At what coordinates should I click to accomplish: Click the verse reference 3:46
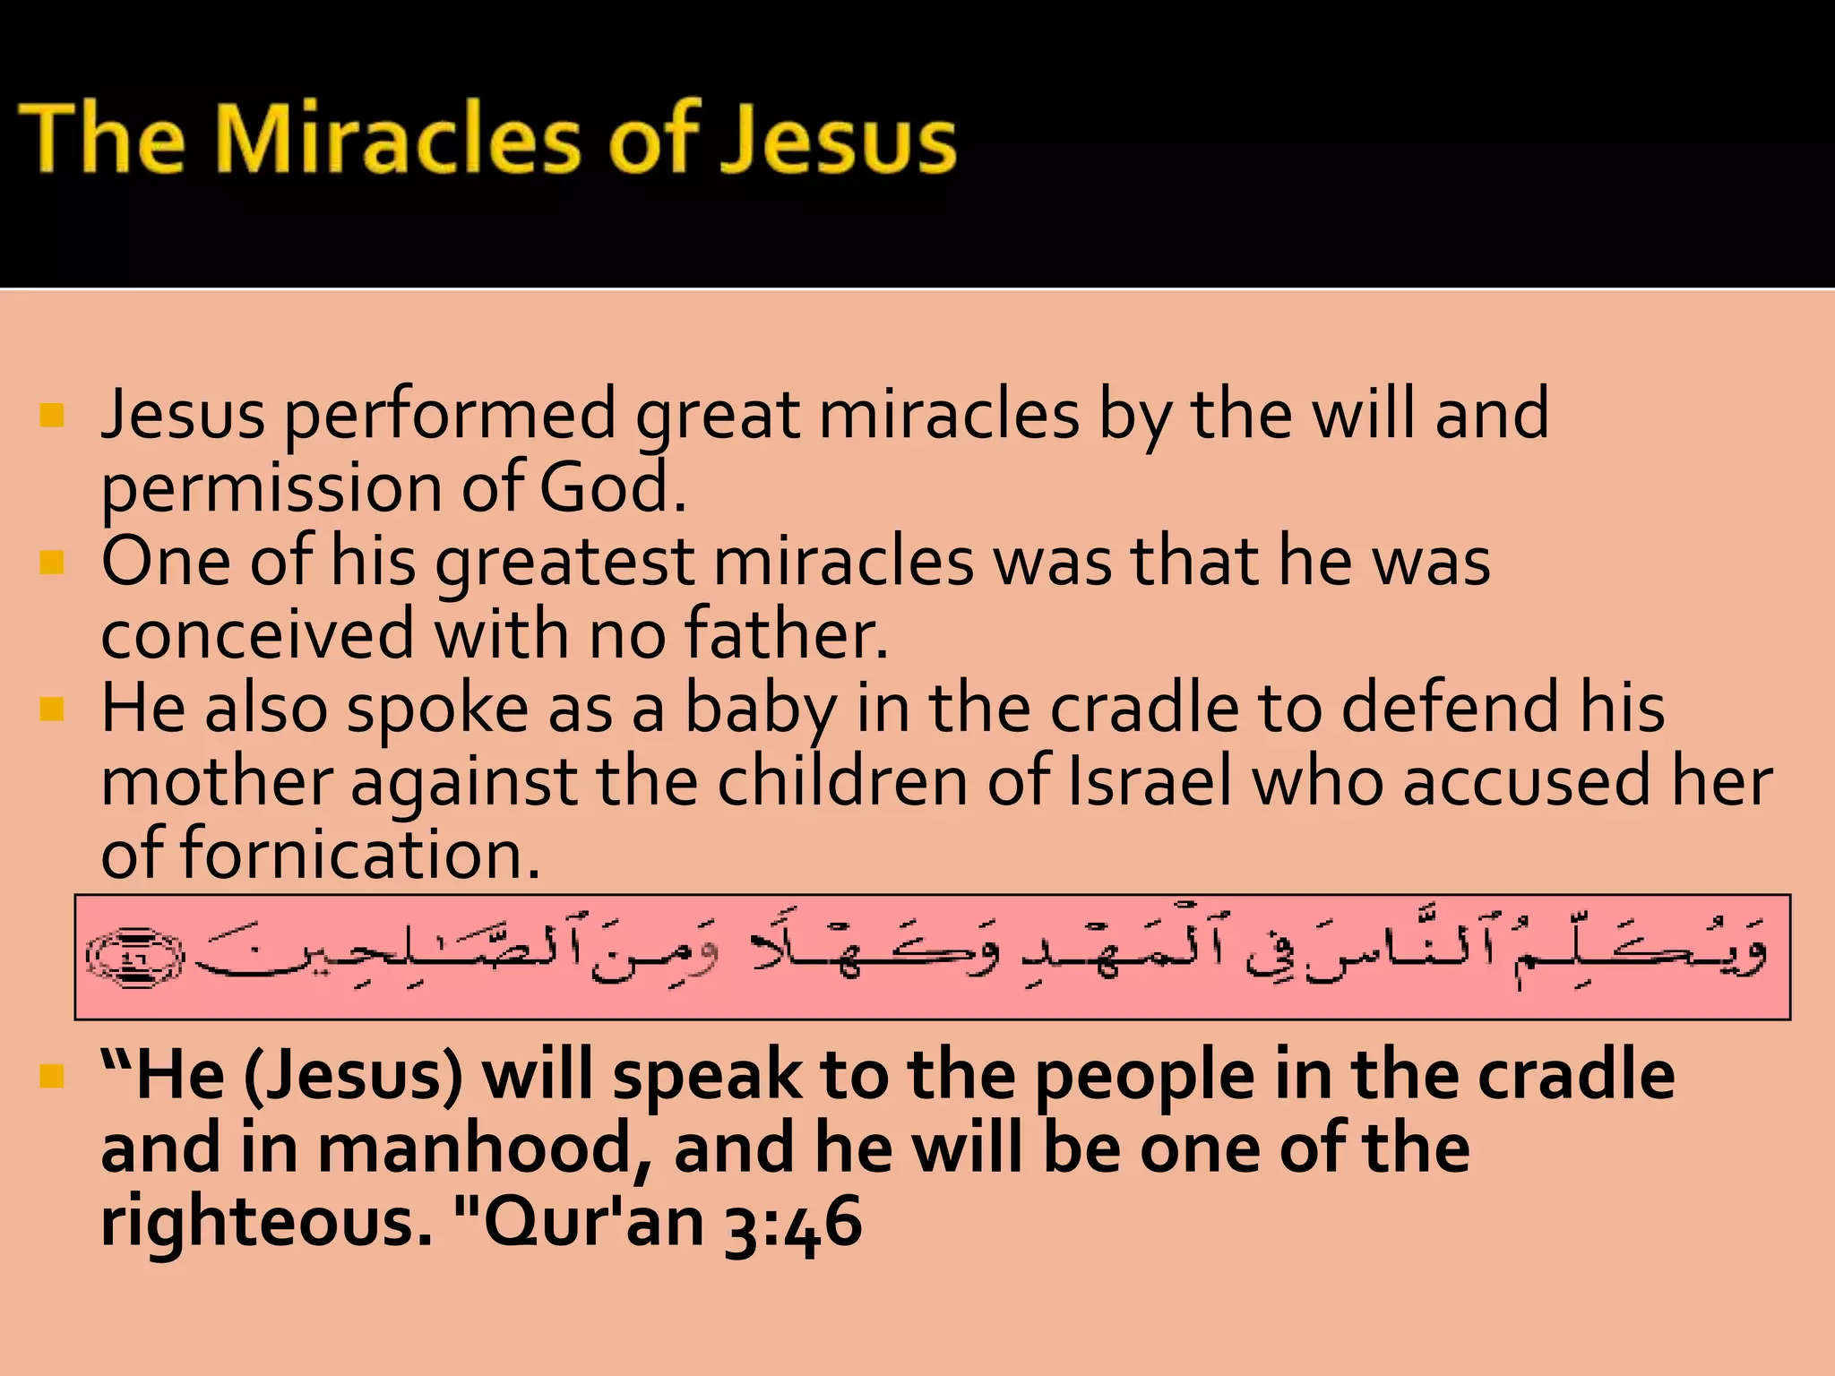792,1222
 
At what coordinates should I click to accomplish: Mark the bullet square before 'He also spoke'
53,709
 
